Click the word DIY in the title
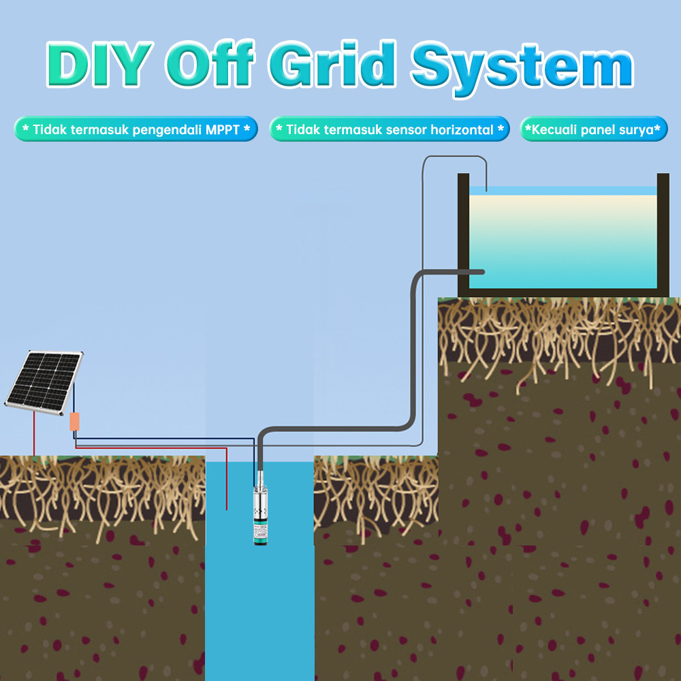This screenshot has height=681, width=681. tap(99, 64)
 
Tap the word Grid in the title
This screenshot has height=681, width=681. tap(332, 63)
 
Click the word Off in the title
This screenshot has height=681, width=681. tap(210, 63)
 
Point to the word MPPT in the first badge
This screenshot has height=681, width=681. tap(223, 129)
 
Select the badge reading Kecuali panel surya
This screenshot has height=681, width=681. tap(593, 129)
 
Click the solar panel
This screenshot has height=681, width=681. tap(44, 382)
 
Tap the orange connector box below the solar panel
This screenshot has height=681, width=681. tap(75, 422)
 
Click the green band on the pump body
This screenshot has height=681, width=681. tap(261, 539)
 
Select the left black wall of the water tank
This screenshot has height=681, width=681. tap(463, 235)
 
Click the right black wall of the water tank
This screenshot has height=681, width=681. tap(663, 235)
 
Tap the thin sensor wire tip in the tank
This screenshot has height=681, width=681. tap(486, 190)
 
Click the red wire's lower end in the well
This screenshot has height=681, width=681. tap(226, 509)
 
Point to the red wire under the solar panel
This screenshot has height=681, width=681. tap(34, 433)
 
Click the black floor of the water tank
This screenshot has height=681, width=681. tap(563, 293)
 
